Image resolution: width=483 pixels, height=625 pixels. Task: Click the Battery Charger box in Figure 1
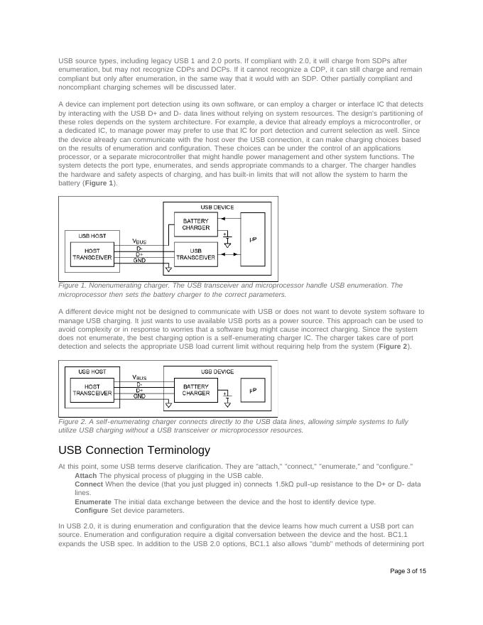195,224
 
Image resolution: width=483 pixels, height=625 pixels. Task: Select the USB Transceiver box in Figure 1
195,254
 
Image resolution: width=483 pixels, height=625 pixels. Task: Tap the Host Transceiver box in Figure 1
92,254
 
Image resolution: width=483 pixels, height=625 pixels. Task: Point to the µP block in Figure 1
252,239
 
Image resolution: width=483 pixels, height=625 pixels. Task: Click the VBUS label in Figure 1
140,241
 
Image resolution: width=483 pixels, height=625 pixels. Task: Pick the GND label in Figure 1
140,260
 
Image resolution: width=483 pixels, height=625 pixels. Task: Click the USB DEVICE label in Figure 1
217,207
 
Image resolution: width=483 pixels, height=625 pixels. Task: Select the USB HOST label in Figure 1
92,235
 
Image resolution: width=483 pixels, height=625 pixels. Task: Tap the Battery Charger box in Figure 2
195,390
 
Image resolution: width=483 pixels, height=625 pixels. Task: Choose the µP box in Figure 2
252,390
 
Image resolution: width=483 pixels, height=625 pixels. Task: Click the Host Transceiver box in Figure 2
92,390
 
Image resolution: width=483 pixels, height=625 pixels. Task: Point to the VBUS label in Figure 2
140,377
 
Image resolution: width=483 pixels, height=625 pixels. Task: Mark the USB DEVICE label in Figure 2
217,371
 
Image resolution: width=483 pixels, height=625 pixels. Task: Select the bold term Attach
86,475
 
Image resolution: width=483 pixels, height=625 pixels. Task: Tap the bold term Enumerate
93,501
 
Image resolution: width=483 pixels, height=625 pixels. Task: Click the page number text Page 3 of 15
408,571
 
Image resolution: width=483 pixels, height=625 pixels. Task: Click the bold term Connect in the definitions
89,484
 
